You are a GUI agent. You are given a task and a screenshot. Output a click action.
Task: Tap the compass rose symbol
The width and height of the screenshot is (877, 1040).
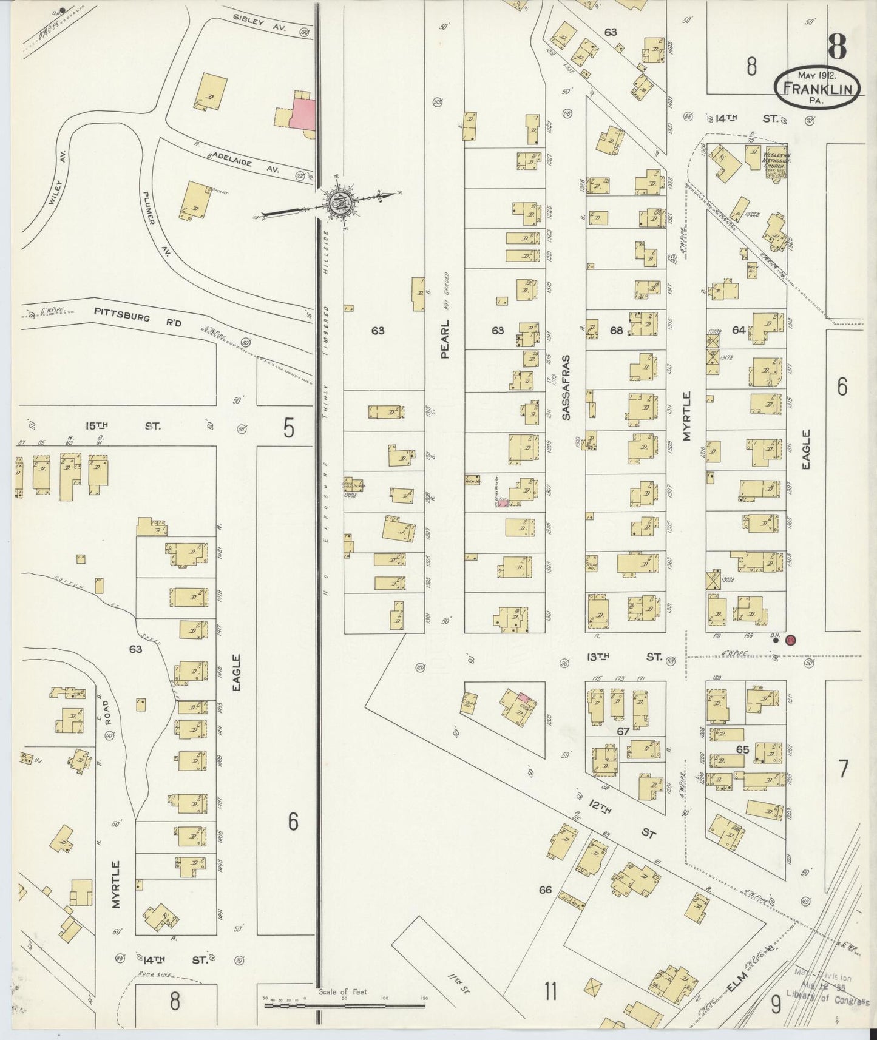[336, 202]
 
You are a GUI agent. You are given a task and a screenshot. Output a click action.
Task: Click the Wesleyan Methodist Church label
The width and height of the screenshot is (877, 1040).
[771, 164]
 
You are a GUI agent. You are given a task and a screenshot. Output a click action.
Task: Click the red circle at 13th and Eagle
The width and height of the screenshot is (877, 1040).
[790, 640]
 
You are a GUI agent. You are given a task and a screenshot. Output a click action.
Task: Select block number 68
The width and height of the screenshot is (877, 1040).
[616, 331]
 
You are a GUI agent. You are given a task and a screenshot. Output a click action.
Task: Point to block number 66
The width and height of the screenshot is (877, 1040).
[545, 890]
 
